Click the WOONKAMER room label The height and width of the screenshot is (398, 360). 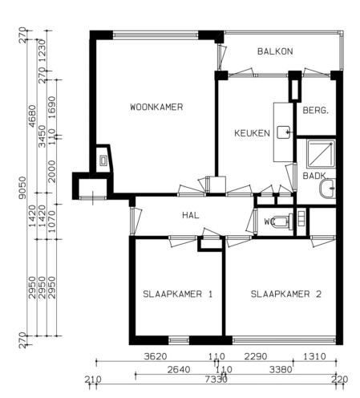click(157, 107)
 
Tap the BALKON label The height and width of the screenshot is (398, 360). click(275, 51)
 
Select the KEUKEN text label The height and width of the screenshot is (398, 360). click(251, 133)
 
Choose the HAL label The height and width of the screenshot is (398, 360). click(190, 215)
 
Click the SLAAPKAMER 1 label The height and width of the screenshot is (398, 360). click(177, 294)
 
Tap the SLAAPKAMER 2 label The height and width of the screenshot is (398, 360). click(285, 294)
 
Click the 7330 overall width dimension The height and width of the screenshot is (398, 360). click(214, 379)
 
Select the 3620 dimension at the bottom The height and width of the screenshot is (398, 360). click(155, 357)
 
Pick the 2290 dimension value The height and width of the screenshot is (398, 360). click(256, 357)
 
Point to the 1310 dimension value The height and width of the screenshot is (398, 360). click(314, 357)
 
